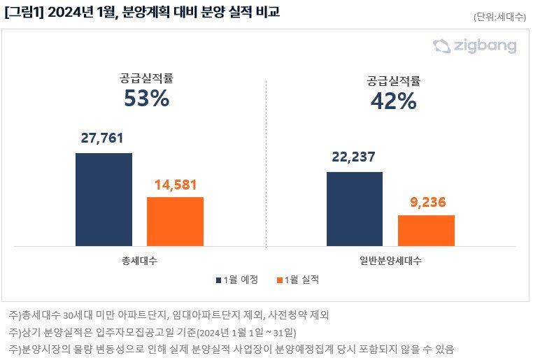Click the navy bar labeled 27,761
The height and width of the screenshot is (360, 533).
[x=104, y=199]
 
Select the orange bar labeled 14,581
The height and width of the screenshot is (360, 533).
[x=175, y=221]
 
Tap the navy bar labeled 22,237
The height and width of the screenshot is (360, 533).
[x=355, y=208]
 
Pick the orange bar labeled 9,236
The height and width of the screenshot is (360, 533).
[x=426, y=230]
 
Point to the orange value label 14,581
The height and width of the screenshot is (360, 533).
[x=175, y=185]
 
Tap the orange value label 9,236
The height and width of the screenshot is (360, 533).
[x=426, y=203]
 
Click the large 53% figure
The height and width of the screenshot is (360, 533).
[x=146, y=99]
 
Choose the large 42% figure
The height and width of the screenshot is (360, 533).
[x=393, y=101]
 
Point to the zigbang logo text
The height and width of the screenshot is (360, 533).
[x=483, y=47]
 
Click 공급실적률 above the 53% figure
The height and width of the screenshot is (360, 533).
[x=146, y=78]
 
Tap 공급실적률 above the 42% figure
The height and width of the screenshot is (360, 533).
[x=393, y=80]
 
